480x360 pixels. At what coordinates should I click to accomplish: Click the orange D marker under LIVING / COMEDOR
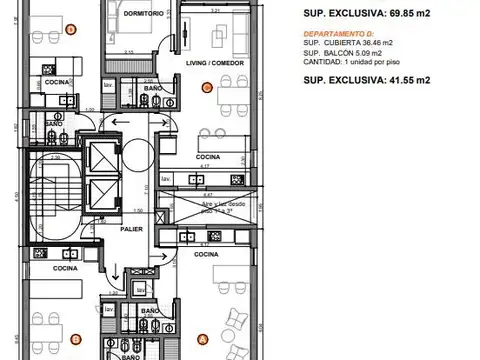(206, 88)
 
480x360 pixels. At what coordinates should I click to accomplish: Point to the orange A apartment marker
(203, 337)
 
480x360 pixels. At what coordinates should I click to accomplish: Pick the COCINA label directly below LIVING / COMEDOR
(208, 157)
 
